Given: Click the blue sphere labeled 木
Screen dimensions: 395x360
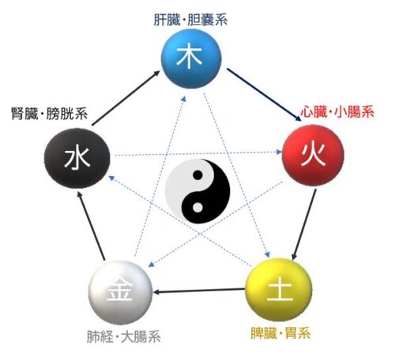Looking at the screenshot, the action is tap(191, 58).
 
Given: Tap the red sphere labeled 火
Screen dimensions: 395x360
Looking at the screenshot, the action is tap(313, 156).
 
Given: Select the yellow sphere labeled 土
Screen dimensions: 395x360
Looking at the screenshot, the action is tap(279, 290).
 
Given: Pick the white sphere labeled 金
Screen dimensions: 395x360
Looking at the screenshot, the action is tap(121, 292).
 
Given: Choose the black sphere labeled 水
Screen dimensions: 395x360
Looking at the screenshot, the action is tap(77, 158).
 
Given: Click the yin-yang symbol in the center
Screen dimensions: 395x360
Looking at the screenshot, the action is tap(197, 191).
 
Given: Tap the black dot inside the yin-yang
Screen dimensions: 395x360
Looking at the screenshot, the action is tap(197, 175).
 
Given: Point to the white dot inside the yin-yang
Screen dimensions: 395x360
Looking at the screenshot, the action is tap(197, 208).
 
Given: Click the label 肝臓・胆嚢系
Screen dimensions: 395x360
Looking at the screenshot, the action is tap(190, 20).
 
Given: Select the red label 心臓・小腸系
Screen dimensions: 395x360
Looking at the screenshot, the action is tap(337, 112).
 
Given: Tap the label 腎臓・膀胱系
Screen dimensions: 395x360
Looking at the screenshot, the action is tap(50, 114).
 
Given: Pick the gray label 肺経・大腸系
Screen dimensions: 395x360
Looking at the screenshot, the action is tap(124, 337).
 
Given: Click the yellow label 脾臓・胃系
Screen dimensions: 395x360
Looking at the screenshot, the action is tap(280, 333).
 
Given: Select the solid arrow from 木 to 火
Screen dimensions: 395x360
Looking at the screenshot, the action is tap(264, 95).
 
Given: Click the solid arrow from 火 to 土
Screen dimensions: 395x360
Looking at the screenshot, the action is tap(304, 224).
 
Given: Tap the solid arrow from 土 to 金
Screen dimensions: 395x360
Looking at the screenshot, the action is tap(199, 291).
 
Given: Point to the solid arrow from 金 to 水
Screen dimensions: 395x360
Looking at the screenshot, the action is tap(92, 226).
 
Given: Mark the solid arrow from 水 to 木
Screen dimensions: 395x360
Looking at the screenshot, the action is tap(126, 98).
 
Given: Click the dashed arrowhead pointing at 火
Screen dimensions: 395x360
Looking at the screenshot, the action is tap(279, 152).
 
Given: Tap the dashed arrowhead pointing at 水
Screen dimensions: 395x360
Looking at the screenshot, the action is tap(111, 178).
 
